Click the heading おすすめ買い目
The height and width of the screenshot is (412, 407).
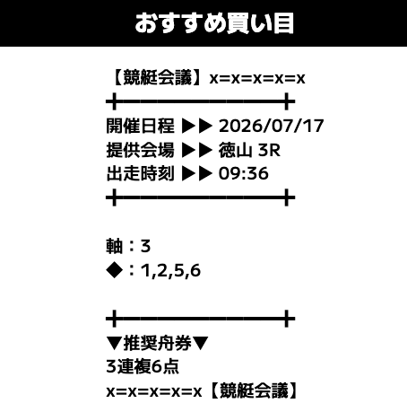coord(214,23)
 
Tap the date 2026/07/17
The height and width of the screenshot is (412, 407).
coord(272,126)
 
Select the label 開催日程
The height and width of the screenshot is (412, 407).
coord(140,126)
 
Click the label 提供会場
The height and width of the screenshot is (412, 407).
coord(140,150)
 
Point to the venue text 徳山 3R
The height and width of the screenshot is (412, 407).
coord(249,150)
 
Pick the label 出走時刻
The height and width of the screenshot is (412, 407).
coord(140,173)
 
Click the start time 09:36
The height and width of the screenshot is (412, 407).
coord(244,174)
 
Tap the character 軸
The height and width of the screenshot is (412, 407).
coord(115,246)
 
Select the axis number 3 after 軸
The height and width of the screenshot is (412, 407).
coord(145,247)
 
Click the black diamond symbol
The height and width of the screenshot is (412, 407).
coord(115,270)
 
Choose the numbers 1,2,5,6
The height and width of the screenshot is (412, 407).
coord(170,271)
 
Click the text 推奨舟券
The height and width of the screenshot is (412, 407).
coord(157,343)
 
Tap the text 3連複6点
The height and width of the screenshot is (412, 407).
coord(143,367)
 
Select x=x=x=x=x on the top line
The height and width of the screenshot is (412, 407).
coord(257,79)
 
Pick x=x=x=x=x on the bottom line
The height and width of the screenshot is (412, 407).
coord(154,392)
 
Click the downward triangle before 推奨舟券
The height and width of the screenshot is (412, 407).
coord(115,344)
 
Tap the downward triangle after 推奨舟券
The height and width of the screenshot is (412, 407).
coord(200,344)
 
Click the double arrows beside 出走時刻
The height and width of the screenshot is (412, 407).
coord(197,174)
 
